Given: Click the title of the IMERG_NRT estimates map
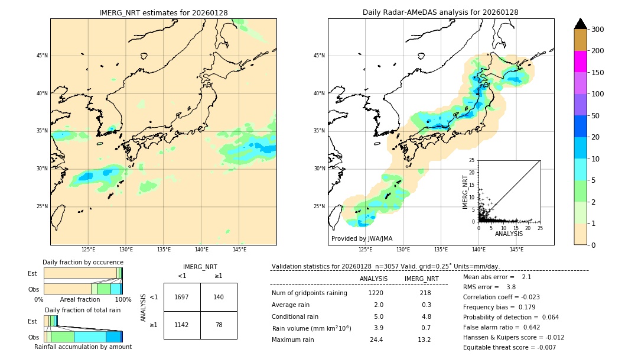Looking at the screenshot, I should [x=163, y=12].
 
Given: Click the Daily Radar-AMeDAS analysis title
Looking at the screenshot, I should [x=440, y=12].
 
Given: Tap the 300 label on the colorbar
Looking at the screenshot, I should [x=597, y=30].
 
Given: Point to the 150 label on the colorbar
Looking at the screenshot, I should [x=597, y=73].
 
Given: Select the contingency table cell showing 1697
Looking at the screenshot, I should [x=182, y=297].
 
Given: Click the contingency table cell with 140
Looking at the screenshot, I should [x=219, y=297].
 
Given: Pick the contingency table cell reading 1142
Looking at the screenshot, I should [x=182, y=325].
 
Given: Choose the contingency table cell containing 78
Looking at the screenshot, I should [x=219, y=325].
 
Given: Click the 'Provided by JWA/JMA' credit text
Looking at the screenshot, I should [x=362, y=238].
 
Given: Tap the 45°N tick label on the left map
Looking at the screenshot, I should [x=42, y=56].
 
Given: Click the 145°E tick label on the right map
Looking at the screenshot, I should [x=516, y=250].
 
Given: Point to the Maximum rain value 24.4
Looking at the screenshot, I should [x=376, y=340].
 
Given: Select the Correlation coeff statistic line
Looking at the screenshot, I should [x=501, y=297].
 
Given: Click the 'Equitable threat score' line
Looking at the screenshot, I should [x=509, y=347].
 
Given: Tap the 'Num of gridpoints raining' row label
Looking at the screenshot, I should [x=310, y=293].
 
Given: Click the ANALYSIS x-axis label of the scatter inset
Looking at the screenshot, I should [x=509, y=234].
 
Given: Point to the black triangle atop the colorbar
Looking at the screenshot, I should [x=581, y=24].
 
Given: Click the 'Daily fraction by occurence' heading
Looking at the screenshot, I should [x=83, y=262].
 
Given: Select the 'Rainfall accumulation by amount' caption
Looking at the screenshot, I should [x=83, y=347].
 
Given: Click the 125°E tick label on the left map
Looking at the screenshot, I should [x=88, y=250].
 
